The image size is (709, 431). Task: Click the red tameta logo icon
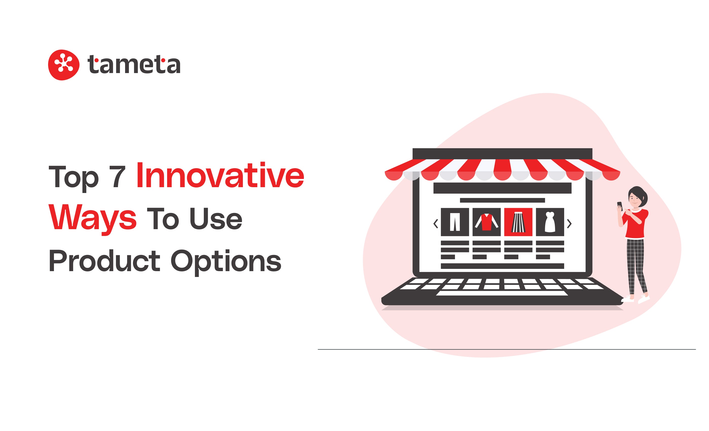(x=64, y=65)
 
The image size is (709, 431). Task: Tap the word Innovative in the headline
(x=220, y=175)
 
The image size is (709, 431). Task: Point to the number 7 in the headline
(x=117, y=177)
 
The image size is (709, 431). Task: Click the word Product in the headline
(x=104, y=261)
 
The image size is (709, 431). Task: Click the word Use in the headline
(x=216, y=218)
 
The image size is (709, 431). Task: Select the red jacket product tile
(x=487, y=222)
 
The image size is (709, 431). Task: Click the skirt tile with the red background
(x=518, y=222)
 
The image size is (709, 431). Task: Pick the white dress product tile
(x=550, y=222)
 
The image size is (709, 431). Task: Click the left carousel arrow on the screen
(x=436, y=224)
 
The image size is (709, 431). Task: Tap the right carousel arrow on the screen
(x=569, y=224)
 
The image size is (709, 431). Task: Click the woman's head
(x=637, y=197)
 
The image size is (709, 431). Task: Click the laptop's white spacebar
(x=502, y=293)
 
